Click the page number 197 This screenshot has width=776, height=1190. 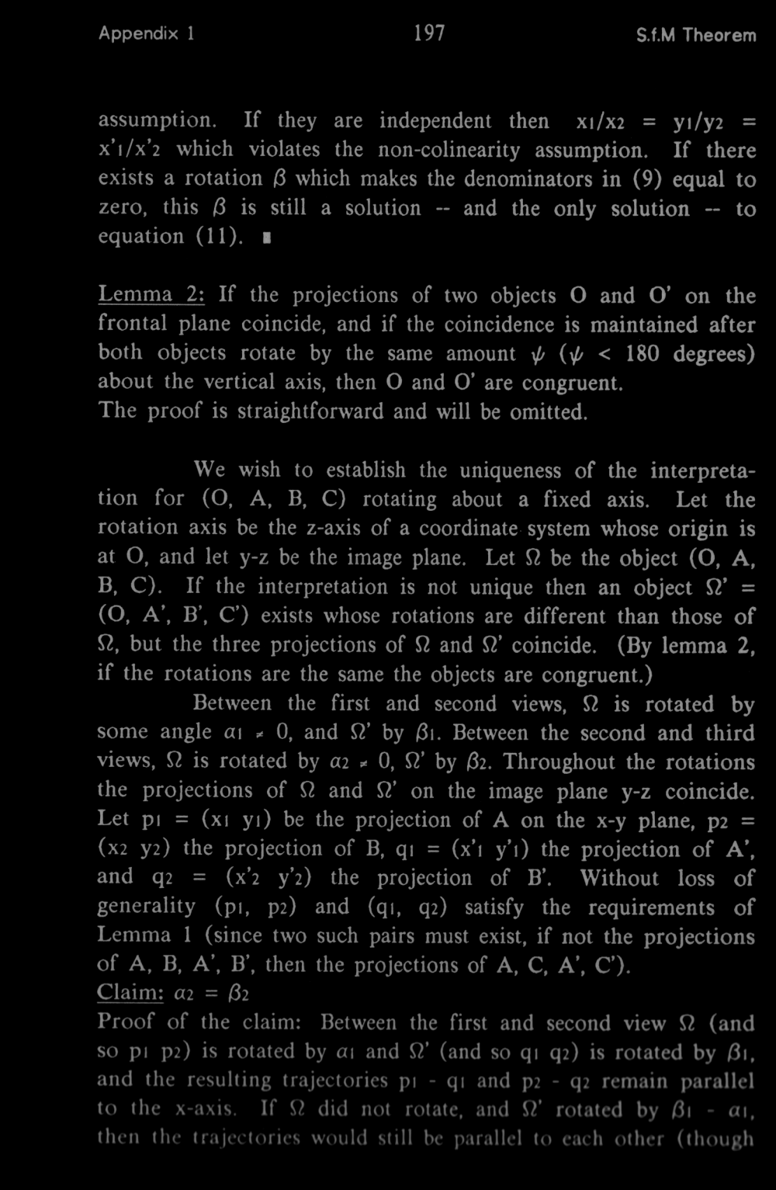click(429, 34)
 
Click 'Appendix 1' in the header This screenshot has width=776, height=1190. click(147, 35)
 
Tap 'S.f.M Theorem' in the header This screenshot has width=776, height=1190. click(695, 36)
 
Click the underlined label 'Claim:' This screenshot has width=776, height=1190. click(126, 993)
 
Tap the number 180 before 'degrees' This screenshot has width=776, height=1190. click(644, 353)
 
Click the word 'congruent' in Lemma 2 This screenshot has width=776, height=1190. click(570, 383)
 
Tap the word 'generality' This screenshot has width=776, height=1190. click(147, 907)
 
